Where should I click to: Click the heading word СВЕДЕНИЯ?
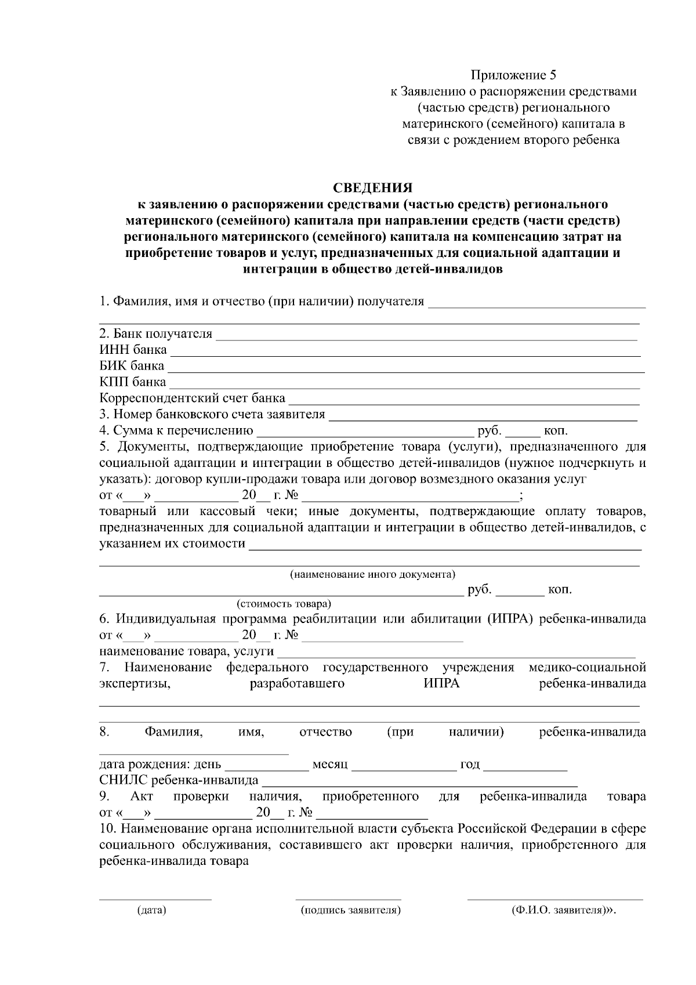[x=372, y=188]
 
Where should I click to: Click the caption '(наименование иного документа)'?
[x=372, y=574]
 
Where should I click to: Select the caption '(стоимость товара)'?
[x=284, y=604]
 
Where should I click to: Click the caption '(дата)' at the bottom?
[x=151, y=910]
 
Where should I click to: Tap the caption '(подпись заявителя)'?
[x=350, y=910]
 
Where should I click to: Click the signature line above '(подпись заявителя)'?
[x=350, y=899]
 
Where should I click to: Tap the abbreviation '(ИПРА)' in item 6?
[x=510, y=618]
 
